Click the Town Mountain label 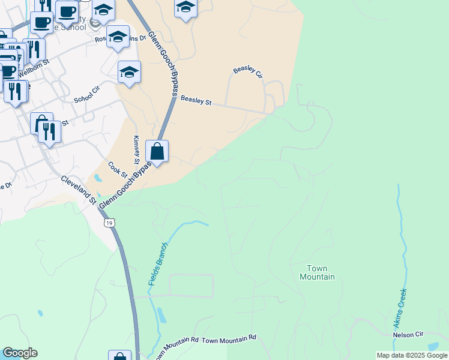pyautogui.click(x=317, y=272)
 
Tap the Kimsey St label pyautogui.click(x=136, y=150)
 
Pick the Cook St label pyautogui.click(x=118, y=170)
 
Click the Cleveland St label pyautogui.click(x=77, y=188)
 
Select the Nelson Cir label pyautogui.click(x=408, y=334)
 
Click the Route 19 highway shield pyautogui.click(x=108, y=223)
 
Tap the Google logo pyautogui.click(x=20, y=353)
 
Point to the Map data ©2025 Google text pyautogui.click(x=412, y=355)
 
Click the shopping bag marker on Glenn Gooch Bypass pyautogui.click(x=157, y=152)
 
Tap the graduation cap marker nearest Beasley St pyautogui.click(x=129, y=73)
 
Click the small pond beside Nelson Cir pyautogui.click(x=433, y=346)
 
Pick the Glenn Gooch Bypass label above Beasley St pyautogui.click(x=163, y=60)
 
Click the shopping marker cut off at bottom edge pyautogui.click(x=119, y=356)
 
